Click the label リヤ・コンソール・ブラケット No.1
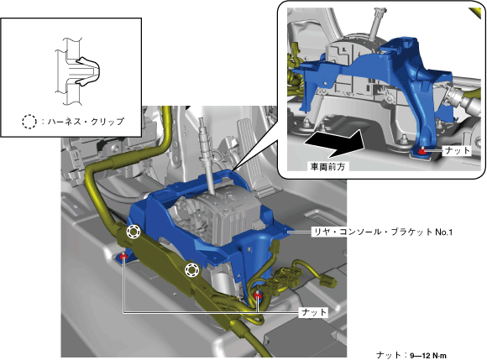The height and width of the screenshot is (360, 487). click(382, 232)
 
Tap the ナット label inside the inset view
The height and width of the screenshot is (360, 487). click(457, 151)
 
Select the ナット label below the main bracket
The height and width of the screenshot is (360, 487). click(314, 312)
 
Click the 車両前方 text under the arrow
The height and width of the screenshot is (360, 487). click(327, 167)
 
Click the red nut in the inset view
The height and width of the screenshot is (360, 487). click(422, 150)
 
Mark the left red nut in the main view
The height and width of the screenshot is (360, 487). click(123, 255)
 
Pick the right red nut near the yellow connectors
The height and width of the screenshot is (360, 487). click(258, 295)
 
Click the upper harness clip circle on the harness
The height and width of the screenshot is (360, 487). click(134, 232)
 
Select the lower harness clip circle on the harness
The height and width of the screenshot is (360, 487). click(191, 269)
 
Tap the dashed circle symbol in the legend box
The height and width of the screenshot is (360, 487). click(29, 122)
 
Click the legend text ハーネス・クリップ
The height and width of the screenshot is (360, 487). click(86, 122)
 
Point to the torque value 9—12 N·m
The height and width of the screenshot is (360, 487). click(428, 355)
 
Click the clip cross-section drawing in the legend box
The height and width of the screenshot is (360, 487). click(77, 71)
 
